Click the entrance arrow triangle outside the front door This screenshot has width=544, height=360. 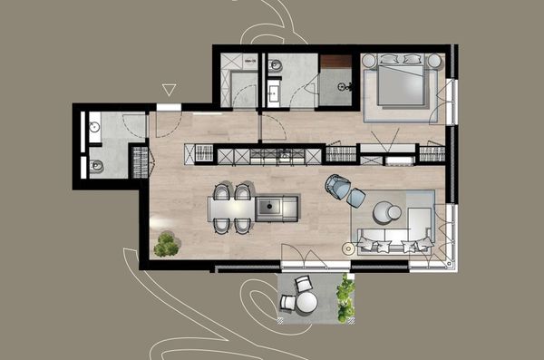click(x=168, y=89)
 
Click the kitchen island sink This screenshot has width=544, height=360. click(x=269, y=209)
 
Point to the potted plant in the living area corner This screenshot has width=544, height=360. click(x=165, y=243)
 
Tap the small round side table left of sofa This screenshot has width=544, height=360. click(x=349, y=248)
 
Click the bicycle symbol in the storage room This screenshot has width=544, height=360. click(x=344, y=86)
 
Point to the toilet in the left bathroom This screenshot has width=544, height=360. click(x=95, y=165)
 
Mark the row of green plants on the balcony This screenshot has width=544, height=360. click(x=345, y=299)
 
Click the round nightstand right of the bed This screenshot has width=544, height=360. click(x=434, y=61)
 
